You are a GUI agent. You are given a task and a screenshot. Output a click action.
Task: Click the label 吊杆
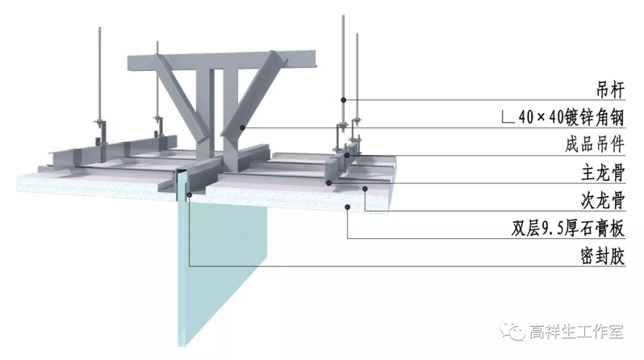610,90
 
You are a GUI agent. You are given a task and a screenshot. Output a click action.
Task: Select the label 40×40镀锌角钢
571,118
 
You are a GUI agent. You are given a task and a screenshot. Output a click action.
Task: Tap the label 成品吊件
595,144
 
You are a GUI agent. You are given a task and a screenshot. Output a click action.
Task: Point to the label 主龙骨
603,173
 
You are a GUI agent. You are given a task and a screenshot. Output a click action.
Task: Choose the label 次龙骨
603,200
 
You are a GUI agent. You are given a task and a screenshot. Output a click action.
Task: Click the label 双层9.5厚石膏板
568,228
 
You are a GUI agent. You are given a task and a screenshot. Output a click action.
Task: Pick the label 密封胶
603,256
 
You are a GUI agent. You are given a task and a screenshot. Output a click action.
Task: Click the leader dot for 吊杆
344,100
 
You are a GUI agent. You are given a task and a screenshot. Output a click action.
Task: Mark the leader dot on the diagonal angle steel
243,128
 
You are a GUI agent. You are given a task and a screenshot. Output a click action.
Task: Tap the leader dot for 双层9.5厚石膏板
348,207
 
